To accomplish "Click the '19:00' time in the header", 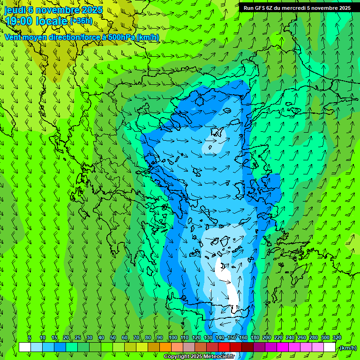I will point(19,21).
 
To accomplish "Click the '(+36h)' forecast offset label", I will point(81,21).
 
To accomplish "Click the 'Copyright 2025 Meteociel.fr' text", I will point(199,357).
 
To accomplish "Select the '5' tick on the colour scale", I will point(30,338).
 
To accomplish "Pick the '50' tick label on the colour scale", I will point(113,338).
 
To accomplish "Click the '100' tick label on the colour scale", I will point(173,338).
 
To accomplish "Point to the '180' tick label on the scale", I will point(255,338).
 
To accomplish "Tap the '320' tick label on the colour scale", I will point(337,338).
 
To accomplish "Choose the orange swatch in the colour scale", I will point(165,347).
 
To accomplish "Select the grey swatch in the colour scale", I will point(188,347).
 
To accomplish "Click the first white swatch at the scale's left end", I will point(24,347).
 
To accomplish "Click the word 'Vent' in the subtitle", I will point(13,37).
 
